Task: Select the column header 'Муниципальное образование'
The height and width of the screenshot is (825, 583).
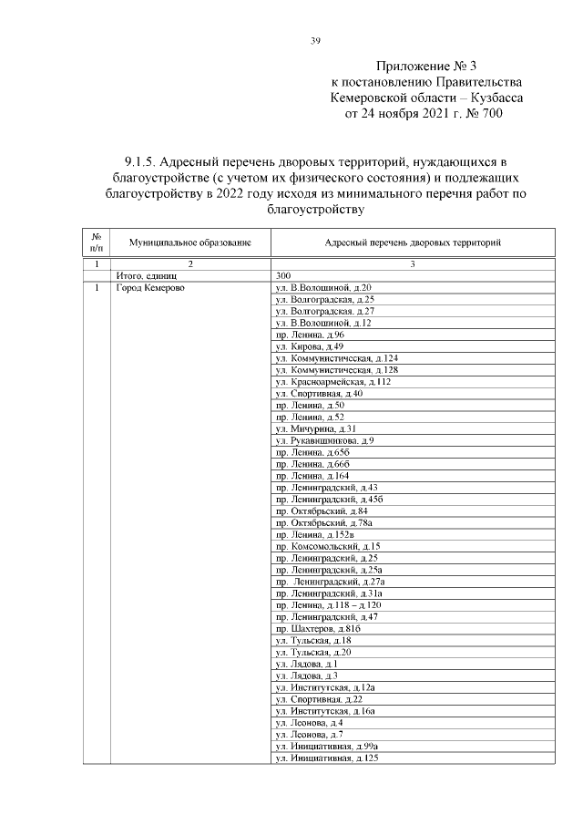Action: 189,243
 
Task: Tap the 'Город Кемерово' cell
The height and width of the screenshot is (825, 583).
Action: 149,288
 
